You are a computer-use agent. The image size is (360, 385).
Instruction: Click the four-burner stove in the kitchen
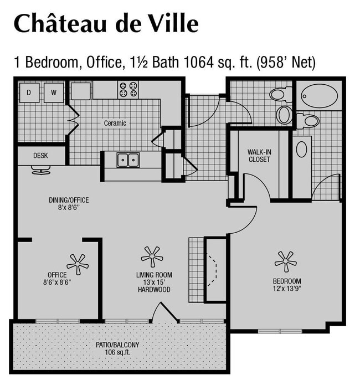(128, 89)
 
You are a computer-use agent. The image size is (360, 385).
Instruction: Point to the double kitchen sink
(129, 160)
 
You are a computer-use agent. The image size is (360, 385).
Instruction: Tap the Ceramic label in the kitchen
(115, 123)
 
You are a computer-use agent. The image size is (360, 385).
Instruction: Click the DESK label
(40, 156)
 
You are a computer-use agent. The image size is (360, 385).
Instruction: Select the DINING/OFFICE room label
(69, 200)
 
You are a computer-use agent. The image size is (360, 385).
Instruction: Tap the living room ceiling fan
(152, 256)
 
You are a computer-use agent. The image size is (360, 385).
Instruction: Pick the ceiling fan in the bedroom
(286, 261)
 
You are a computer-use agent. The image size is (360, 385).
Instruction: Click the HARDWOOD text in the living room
(154, 290)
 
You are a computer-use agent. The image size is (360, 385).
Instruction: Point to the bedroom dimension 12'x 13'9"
(286, 289)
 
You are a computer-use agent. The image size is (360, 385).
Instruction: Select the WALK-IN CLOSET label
(259, 155)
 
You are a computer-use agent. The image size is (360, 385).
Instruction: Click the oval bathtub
(320, 96)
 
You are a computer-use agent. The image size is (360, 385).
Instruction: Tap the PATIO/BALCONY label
(117, 345)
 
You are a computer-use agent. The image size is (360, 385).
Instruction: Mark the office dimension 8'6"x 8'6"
(57, 282)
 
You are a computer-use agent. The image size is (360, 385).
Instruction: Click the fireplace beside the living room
(215, 270)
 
